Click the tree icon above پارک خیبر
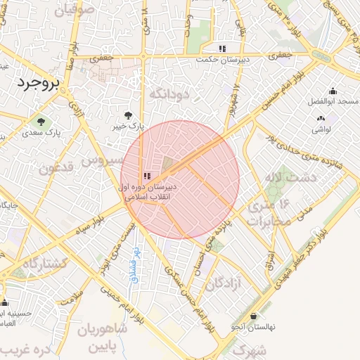tap(128, 115)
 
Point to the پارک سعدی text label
tap(41, 131)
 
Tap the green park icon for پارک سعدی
tap(39, 121)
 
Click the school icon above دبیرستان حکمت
tap(222, 49)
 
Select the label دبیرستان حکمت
tap(222, 60)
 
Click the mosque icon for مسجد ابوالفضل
tap(333, 91)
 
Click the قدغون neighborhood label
tap(55, 169)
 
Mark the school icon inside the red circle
tap(146, 176)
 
